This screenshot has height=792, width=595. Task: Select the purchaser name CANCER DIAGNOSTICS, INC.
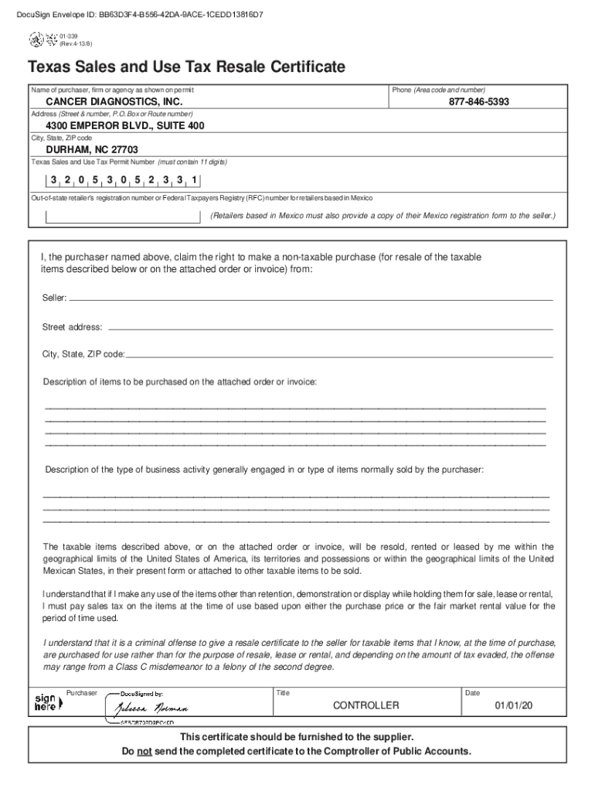point(114,102)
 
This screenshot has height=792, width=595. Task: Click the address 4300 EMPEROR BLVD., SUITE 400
point(125,125)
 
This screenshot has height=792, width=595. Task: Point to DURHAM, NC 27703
point(92,149)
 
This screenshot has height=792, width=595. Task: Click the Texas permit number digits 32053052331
point(124,180)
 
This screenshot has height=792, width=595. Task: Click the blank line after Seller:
point(311,298)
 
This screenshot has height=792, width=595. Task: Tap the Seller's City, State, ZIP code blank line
point(340,355)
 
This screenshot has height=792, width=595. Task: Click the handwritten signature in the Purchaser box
point(151,708)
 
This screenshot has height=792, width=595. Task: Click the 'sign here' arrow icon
point(45,702)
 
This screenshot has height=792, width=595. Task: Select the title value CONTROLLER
point(365,705)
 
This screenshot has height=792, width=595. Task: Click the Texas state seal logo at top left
point(36,38)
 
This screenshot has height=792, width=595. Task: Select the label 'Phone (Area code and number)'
point(438,90)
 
